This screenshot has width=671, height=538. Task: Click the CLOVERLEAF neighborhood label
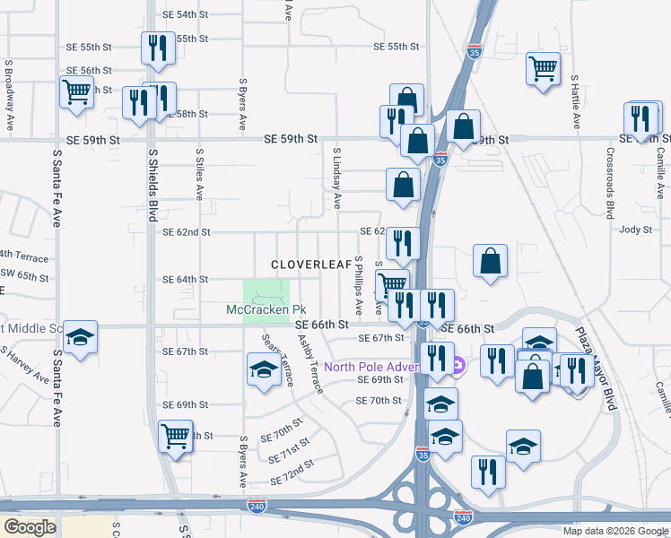(310, 265)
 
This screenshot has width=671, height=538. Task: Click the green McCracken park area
(266, 291)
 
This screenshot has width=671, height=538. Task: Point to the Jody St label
(634, 230)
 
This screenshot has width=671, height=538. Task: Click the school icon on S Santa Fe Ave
(81, 337)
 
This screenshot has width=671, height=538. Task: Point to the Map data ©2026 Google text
(614, 530)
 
